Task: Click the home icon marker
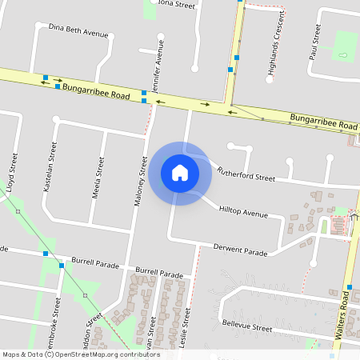pyautogui.click(x=180, y=173)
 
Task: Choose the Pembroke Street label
pyautogui.click(x=57, y=328)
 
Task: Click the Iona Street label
pyautogui.click(x=177, y=4)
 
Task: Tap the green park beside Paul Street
pyautogui.click(x=345, y=46)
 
